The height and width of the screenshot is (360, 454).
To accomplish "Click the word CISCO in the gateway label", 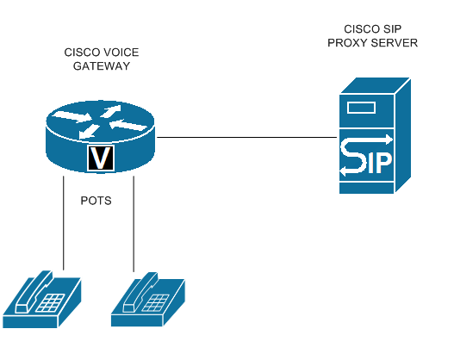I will point(83,53).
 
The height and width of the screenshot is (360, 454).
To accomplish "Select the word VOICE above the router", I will point(121,53).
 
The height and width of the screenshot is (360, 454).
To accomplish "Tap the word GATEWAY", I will point(102,66).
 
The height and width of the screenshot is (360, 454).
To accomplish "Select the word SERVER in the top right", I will point(395,42).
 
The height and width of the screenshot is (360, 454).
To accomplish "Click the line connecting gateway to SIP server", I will point(246,137).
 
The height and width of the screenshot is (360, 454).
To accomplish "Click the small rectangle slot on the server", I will point(362,109).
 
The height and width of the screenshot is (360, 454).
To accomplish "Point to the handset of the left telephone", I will point(34,289).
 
